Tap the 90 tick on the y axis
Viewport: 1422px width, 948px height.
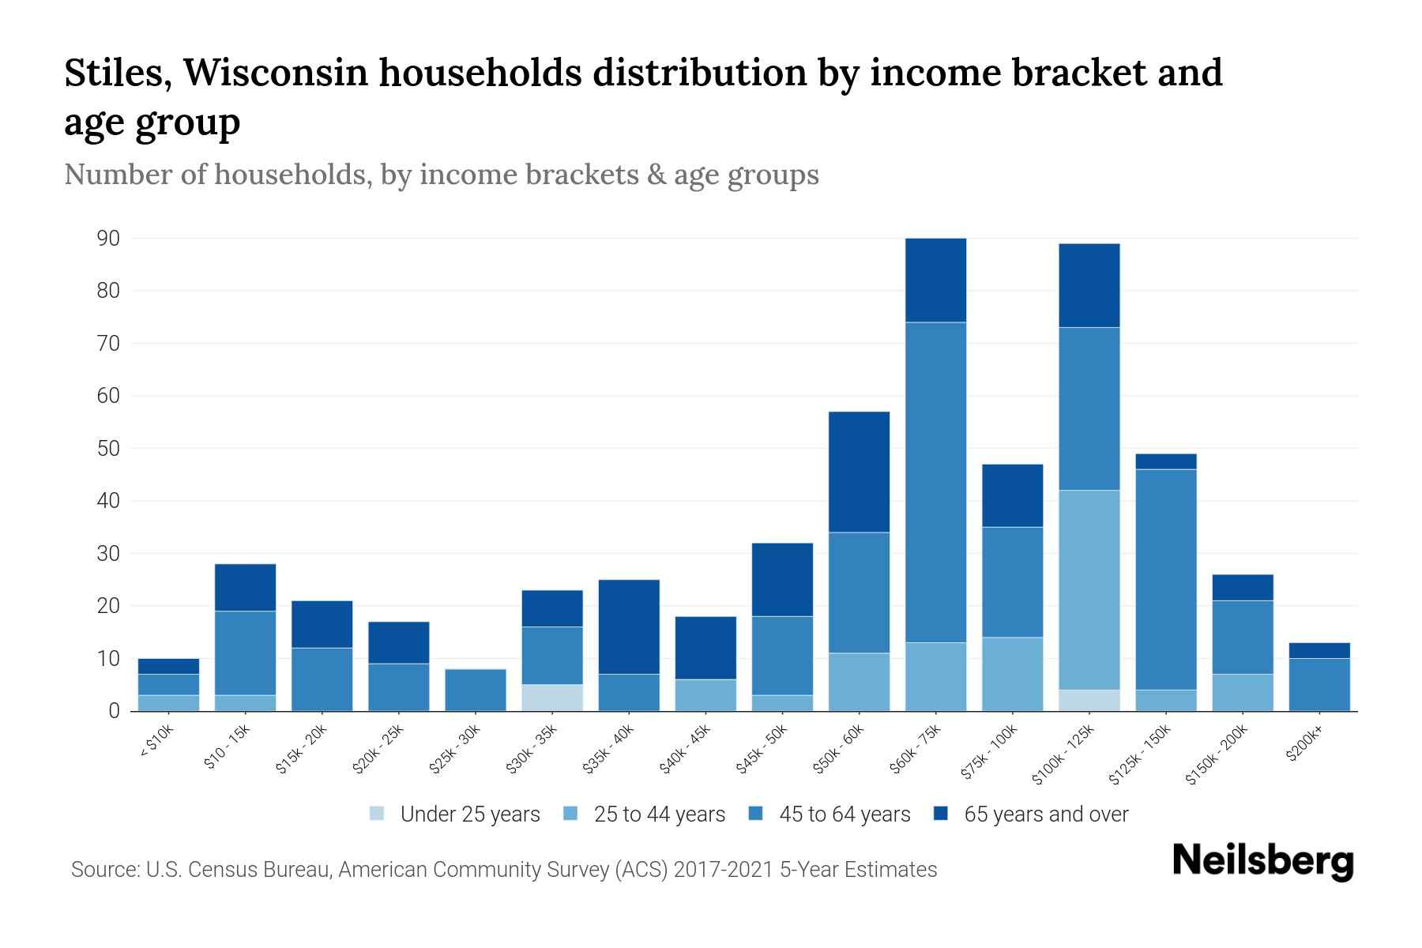(x=108, y=238)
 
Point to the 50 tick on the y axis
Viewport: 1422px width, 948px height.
(x=108, y=448)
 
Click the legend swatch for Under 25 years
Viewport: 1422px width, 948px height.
(x=377, y=814)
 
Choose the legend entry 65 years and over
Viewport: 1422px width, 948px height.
(x=1046, y=814)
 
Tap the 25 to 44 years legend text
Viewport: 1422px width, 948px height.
(x=659, y=814)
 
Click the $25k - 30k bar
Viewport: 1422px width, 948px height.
(x=476, y=690)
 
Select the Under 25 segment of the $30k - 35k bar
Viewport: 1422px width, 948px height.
(x=552, y=698)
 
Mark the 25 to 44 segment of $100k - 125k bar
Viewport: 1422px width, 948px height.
(x=1089, y=589)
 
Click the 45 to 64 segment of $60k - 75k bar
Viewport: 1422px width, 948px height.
(x=935, y=482)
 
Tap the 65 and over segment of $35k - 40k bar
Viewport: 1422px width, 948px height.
(x=629, y=626)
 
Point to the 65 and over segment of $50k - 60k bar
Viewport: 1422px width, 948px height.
(x=859, y=472)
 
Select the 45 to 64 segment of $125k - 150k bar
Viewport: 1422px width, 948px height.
(x=1165, y=579)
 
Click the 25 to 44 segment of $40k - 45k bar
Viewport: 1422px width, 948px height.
(x=705, y=694)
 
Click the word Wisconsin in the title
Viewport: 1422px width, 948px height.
(x=275, y=73)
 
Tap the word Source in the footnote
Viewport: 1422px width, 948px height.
(x=104, y=870)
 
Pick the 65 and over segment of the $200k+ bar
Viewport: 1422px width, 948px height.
(x=1319, y=650)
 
